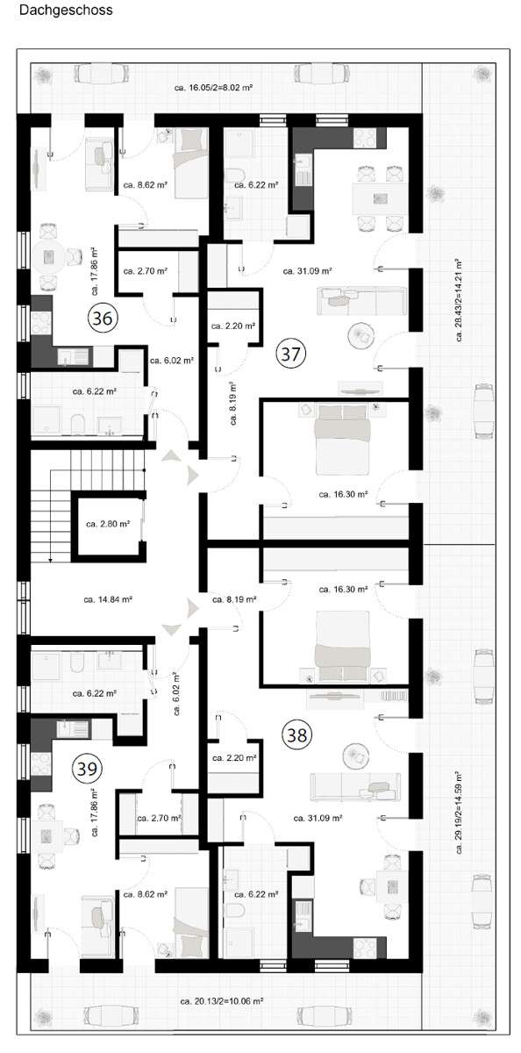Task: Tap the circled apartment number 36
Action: [102, 319]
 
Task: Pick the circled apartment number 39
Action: [88, 769]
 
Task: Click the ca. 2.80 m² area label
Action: [108, 524]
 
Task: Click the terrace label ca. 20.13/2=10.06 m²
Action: [222, 1000]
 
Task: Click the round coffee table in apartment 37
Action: [360, 334]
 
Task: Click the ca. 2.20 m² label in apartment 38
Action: [234, 757]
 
